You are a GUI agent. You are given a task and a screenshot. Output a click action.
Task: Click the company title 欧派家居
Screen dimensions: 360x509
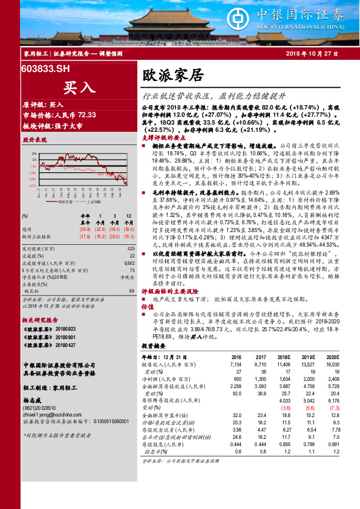click(164, 76)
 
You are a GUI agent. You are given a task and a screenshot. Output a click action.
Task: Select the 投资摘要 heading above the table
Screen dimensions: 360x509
click(152, 348)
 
